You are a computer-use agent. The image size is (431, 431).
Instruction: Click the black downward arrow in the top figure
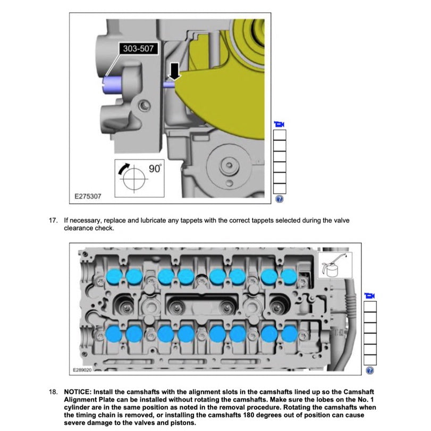tap(173, 70)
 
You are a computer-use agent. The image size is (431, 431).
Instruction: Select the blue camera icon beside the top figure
tap(279, 124)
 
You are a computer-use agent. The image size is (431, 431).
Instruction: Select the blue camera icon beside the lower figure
tap(370, 295)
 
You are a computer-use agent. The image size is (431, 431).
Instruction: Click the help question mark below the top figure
tap(279, 199)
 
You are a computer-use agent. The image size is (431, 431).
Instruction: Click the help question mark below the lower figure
tap(370, 370)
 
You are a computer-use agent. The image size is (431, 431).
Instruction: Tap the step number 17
tap(53, 219)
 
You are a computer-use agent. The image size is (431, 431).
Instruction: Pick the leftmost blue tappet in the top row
tap(114, 276)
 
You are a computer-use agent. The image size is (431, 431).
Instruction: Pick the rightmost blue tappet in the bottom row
tap(289, 334)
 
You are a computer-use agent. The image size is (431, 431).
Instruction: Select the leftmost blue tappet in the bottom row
tap(114, 334)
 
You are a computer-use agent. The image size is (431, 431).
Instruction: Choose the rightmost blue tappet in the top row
tap(289, 276)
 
